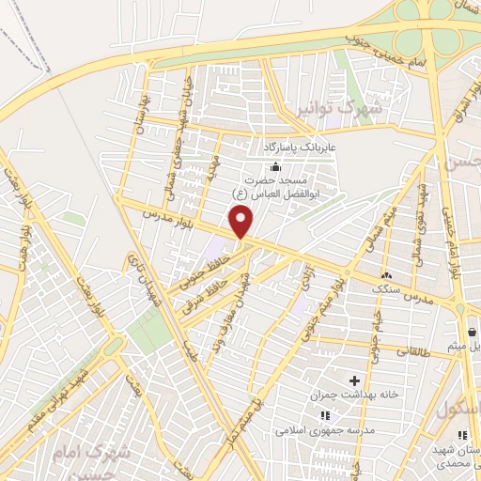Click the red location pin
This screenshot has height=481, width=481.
click(242, 222)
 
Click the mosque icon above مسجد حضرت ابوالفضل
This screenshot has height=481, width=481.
click(275, 166)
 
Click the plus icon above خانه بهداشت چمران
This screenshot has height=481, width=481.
click(354, 381)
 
